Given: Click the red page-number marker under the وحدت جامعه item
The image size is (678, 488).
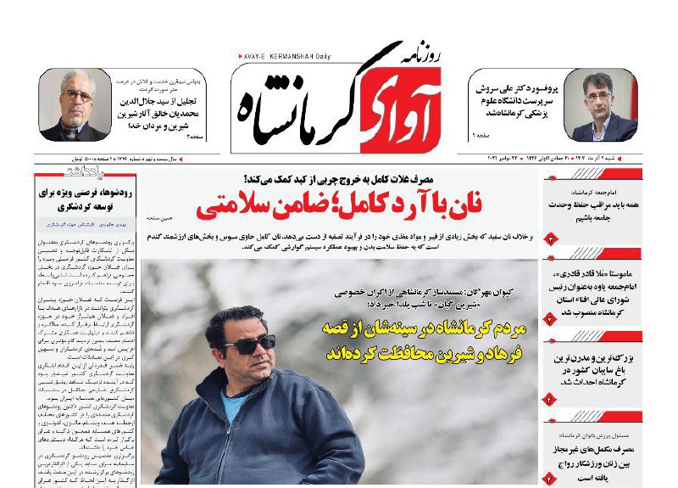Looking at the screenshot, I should pos(550,240).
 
